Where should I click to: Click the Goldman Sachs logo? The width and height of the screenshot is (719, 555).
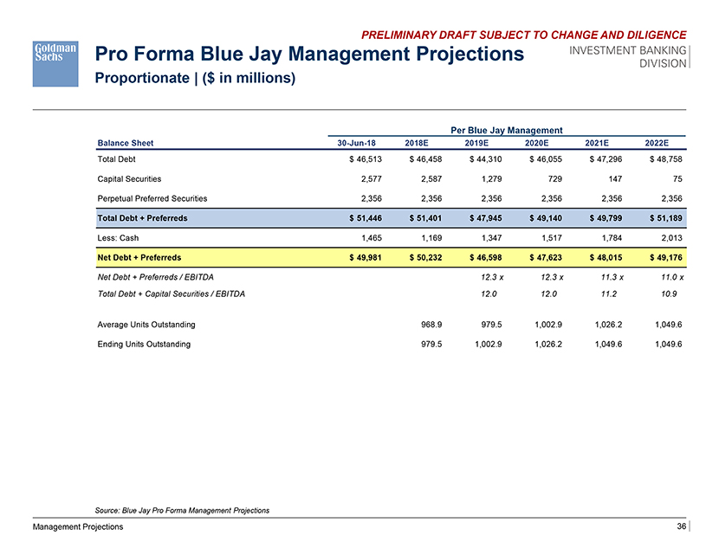coord(56,62)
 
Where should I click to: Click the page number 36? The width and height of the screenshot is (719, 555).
coord(681,527)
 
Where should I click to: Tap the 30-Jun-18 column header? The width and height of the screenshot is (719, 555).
coord(355,143)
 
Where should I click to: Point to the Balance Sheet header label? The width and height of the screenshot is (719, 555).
coord(126,143)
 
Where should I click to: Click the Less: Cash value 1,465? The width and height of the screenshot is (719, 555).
coord(359,236)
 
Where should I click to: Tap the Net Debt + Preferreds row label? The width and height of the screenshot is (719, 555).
coord(139,257)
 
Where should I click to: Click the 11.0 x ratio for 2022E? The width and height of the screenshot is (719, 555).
coord(670,276)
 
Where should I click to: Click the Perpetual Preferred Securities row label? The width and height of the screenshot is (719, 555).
coord(152,197)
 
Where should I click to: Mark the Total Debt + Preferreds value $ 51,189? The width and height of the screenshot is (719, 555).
coord(663,217)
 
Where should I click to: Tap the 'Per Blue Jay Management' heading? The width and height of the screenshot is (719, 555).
coord(507,129)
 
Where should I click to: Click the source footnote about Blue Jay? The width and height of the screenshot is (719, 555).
coord(181,510)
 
